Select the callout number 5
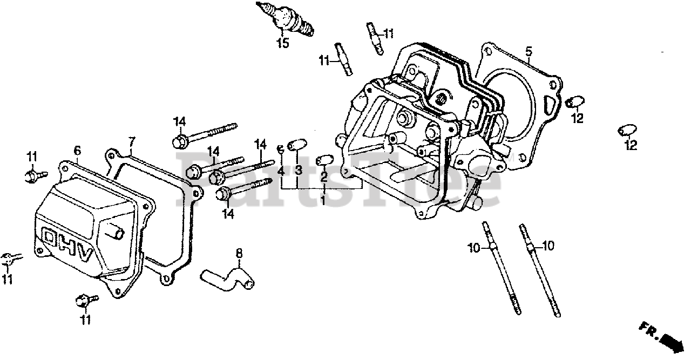click(529, 52)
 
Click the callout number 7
click(131, 143)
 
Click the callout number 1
click(323, 200)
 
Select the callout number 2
click(324, 176)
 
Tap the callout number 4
click(281, 171)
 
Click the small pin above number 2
click(324, 160)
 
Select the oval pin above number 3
click(297, 145)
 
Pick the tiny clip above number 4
click(281, 148)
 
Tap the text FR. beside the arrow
click(648, 329)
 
